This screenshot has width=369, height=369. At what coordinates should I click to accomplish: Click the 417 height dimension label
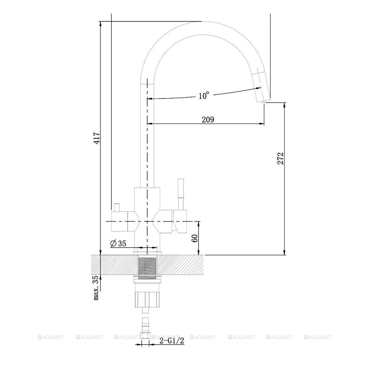[97, 138]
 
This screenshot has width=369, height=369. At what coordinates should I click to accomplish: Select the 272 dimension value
[280, 158]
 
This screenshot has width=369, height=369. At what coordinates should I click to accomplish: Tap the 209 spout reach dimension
[208, 120]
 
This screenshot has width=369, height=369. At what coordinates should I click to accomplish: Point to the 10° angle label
[204, 95]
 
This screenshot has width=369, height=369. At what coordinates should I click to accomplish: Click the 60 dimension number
[195, 238]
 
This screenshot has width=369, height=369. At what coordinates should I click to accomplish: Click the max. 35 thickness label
[96, 288]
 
